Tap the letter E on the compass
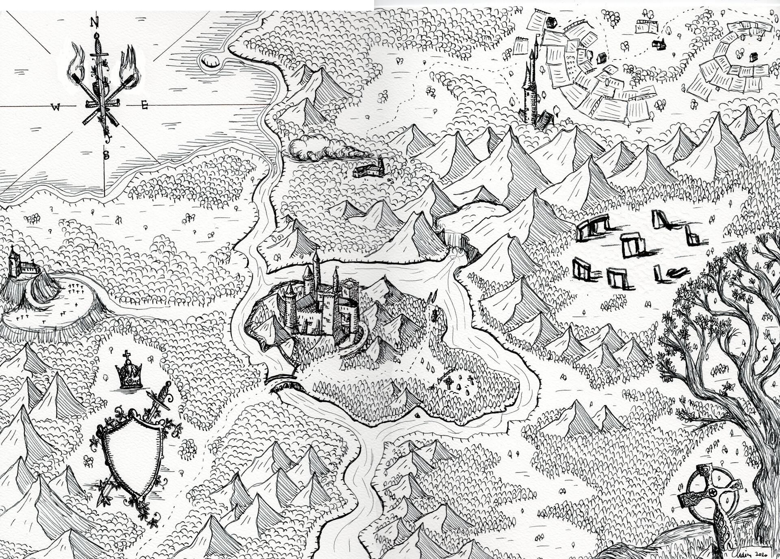click(144, 105)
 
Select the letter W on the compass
click(55, 107)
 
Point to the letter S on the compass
click(106, 155)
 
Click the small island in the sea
click(210, 61)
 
